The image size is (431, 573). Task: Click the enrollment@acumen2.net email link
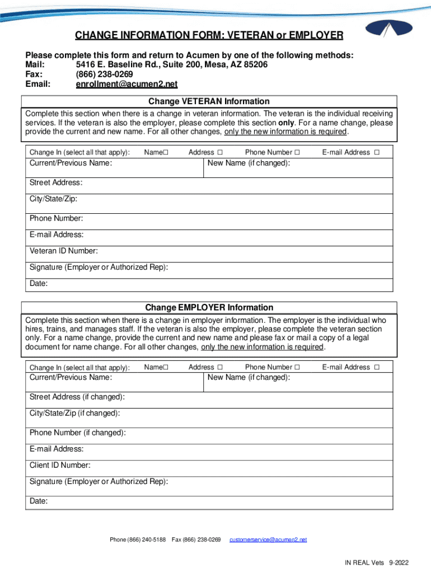click(x=127, y=84)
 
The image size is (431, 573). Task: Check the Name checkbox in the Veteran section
click(x=166, y=152)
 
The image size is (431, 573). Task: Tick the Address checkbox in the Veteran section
click(x=220, y=152)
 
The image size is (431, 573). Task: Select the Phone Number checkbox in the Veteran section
click(x=297, y=152)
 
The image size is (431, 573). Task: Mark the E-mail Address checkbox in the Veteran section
click(x=377, y=152)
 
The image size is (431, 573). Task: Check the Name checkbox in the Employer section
click(x=166, y=367)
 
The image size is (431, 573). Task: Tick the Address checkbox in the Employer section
click(x=220, y=367)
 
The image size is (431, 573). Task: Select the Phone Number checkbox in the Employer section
click(x=297, y=367)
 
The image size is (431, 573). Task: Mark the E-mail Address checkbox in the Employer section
click(x=377, y=367)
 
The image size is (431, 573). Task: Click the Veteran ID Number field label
click(x=64, y=251)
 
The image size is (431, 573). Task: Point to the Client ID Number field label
click(x=60, y=465)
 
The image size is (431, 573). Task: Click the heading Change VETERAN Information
click(x=209, y=101)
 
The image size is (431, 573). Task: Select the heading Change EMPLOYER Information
click(x=209, y=307)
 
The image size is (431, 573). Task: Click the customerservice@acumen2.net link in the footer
click(x=268, y=539)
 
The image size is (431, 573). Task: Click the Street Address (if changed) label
click(x=77, y=397)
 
